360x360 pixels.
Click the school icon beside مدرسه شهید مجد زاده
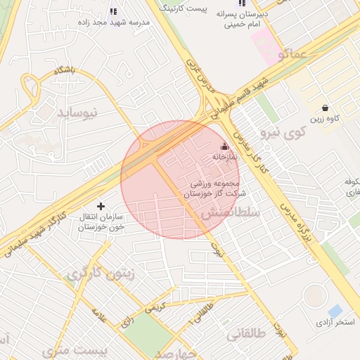pyautogui.click(x=113, y=11)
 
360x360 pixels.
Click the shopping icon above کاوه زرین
pyautogui.click(x=325, y=108)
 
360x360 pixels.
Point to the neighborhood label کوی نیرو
pyautogui.click(x=283, y=131)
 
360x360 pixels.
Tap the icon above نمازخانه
pyautogui.click(x=224, y=146)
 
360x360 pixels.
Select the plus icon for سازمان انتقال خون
pyautogui.click(x=101, y=206)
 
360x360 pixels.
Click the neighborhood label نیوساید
pyautogui.click(x=83, y=112)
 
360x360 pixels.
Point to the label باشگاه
pyautogui.click(x=61, y=70)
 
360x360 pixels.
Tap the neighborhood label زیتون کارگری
pyautogui.click(x=94, y=274)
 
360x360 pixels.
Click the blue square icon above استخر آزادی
pyautogui.click(x=335, y=310)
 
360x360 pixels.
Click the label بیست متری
pyautogui.click(x=75, y=349)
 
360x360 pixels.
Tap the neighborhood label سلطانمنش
pyautogui.click(x=232, y=211)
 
